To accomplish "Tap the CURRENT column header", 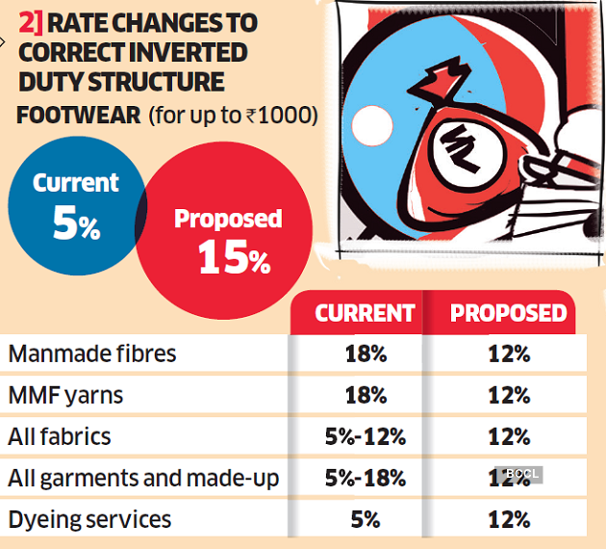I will coord(365,314).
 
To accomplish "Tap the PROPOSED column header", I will coord(509,314).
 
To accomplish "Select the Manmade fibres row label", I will coord(92,353).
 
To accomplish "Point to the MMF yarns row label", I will coord(66,395).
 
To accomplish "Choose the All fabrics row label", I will coord(60,436).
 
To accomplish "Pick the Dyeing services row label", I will coord(89,520).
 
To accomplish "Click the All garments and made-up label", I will coord(143,478).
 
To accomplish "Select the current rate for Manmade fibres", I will coord(366,353).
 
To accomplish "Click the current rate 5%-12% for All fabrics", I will coord(366,436).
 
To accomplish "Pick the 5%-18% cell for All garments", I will coord(366,478).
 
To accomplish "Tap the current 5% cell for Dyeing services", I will coord(366,520).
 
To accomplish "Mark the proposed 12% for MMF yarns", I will coord(509,395).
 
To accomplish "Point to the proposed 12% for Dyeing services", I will coord(509,520).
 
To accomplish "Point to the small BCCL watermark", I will coord(519,474).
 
